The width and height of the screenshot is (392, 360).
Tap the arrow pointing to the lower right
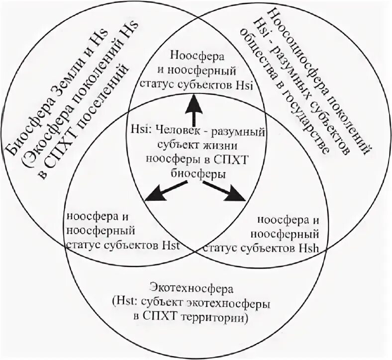pos(227,190)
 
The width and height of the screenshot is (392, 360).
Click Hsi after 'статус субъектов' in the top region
pos(245,86)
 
